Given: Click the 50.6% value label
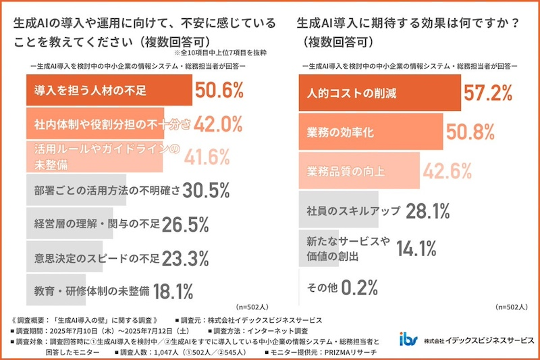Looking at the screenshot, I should point(219,91).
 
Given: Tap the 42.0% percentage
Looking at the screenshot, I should point(217,124).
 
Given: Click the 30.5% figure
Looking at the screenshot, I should point(207,191).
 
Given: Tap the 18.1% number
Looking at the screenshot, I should point(173,291).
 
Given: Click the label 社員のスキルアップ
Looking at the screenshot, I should point(351,210).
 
